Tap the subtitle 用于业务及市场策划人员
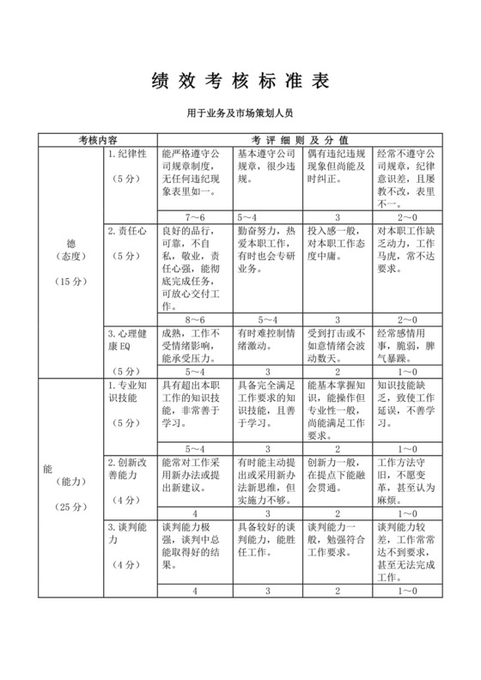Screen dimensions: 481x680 (x=240, y=112)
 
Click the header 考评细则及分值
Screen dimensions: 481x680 (x=300, y=137)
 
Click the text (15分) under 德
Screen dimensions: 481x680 (x=69, y=257)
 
